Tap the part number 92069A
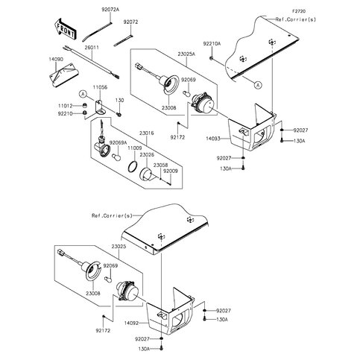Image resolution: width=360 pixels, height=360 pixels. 119,142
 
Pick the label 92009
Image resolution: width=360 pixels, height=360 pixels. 171,173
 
